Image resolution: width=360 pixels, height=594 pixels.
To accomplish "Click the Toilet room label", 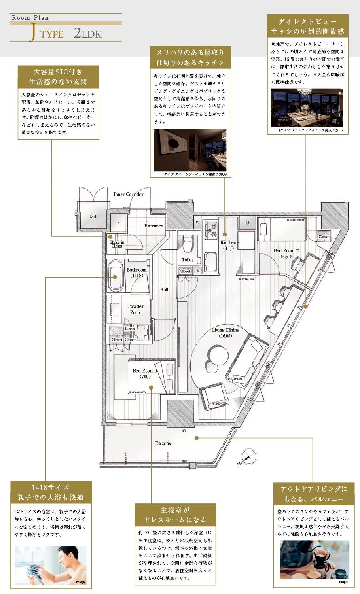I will pyautogui.click(x=188, y=260).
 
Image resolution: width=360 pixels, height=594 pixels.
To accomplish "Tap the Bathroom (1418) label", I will pyautogui.click(x=136, y=272).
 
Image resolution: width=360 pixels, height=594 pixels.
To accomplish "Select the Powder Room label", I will pyautogui.click(x=136, y=309).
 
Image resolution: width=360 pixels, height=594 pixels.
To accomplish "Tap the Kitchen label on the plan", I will pyautogui.click(x=228, y=245).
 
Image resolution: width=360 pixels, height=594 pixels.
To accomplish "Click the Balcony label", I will pyautogui.click(x=163, y=443).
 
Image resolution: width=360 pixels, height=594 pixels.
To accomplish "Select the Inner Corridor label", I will pyautogui.click(x=128, y=194).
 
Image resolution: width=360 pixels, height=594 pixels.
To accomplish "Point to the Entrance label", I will pyautogui.click(x=153, y=226).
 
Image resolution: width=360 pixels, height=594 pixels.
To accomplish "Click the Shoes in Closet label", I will pyautogui.click(x=117, y=244).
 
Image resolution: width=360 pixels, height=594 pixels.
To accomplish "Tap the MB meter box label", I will pyautogui.click(x=93, y=216).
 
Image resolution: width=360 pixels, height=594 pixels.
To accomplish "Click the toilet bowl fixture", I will pyautogui.click(x=187, y=244).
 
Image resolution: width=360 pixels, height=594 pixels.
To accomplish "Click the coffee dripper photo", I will pyautogui.click(x=314, y=560).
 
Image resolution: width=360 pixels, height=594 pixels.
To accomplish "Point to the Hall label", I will pyautogui.click(x=164, y=289).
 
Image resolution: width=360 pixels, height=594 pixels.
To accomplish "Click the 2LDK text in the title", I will pyautogui.click(x=88, y=34).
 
